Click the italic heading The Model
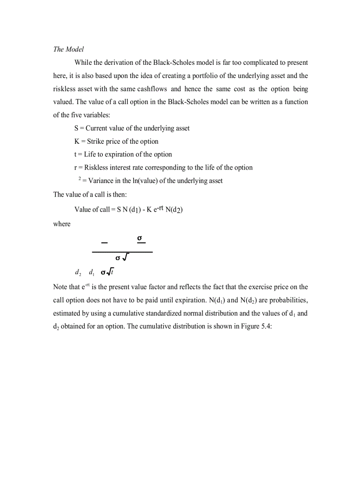point(68,49)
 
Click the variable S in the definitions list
point(77,128)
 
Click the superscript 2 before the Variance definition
point(79,179)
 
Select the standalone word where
point(62,224)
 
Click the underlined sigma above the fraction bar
point(140,238)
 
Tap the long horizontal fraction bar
point(122,252)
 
